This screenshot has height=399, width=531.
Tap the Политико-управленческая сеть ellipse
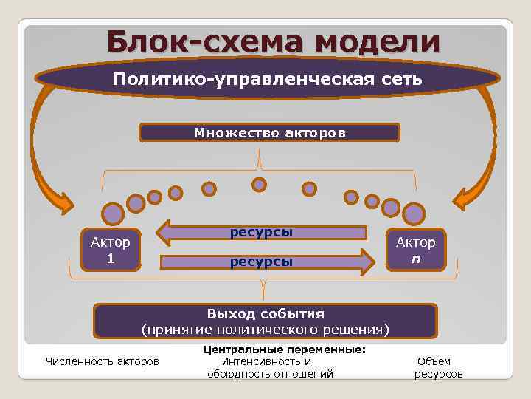[x=267, y=80]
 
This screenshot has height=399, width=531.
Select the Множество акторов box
[x=269, y=133]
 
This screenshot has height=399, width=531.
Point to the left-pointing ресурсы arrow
[x=262, y=232]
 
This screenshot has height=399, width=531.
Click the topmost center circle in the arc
[x=259, y=184]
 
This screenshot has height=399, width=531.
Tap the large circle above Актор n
[x=414, y=214]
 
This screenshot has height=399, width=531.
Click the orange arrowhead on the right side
[x=465, y=200]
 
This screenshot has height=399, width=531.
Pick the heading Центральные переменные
[x=284, y=349]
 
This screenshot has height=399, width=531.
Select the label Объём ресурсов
[x=439, y=367]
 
